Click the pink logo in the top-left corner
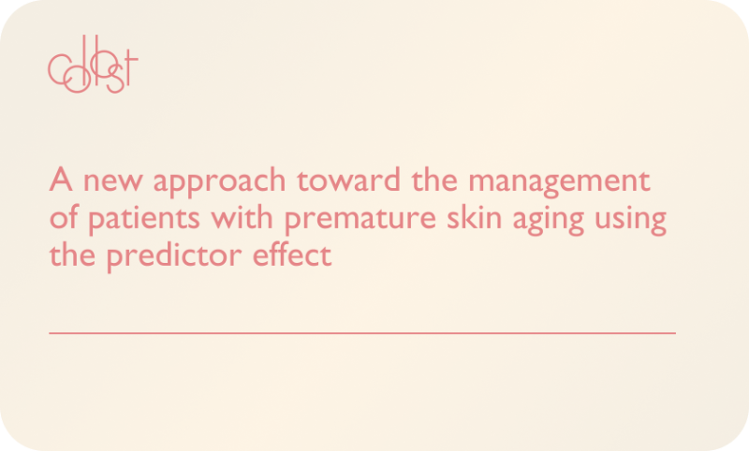click(x=93, y=68)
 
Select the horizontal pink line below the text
click(x=361, y=332)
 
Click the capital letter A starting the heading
click(x=60, y=181)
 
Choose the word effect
click(x=295, y=255)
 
